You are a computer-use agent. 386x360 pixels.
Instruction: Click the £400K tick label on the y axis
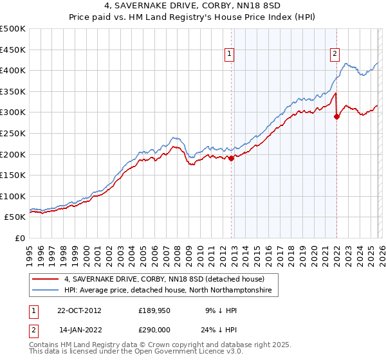coord(13,70)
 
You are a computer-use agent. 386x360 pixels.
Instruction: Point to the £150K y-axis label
coord(13,175)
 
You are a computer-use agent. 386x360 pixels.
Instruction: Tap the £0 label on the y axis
coord(20,238)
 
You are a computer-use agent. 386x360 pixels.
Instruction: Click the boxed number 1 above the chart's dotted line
coord(230,55)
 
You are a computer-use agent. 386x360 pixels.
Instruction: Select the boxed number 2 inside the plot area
coord(335,55)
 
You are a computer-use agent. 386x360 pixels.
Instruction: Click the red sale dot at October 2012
coord(232,159)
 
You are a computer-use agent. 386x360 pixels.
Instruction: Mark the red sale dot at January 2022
coord(336,117)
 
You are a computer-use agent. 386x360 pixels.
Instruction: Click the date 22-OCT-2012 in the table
coord(79,310)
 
